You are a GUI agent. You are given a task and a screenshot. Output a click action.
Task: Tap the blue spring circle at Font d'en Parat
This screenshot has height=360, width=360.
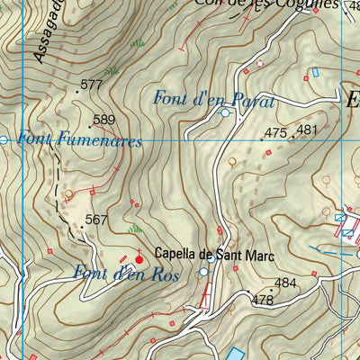point(224,113)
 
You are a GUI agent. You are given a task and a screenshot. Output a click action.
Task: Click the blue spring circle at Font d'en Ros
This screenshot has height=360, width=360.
point(203,272)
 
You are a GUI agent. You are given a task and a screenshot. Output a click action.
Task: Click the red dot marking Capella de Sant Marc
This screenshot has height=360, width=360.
point(139,260)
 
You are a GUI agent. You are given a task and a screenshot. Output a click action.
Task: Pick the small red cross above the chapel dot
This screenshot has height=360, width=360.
point(139,251)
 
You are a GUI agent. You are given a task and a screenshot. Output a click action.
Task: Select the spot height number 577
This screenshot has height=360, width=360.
point(91,85)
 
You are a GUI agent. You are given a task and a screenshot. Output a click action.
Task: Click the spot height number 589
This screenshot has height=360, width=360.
point(104,120)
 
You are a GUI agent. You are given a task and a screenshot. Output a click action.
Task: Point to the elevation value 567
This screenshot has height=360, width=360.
point(96,220)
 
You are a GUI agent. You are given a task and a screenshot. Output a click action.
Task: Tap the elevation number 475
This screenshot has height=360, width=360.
point(275,132)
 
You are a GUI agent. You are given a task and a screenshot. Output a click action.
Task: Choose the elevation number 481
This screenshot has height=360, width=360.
point(307,130)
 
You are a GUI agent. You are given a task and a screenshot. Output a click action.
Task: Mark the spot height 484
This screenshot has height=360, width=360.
point(285,283)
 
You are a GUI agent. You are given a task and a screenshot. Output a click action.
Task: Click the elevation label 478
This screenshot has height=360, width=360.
point(262,300)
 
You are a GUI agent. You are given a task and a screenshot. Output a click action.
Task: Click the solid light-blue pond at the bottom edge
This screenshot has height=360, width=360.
point(235,354)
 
